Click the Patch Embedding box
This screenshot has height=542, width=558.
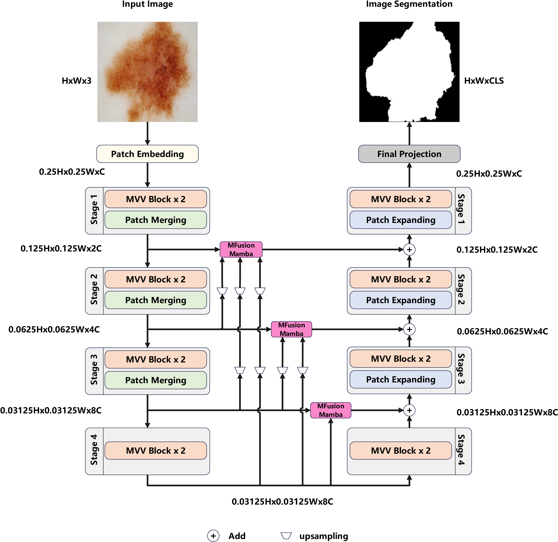tap(147, 154)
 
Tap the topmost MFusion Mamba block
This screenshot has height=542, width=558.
tap(241, 249)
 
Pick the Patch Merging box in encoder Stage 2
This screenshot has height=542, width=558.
tap(156, 300)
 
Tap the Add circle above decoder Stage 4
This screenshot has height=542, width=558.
tap(409, 410)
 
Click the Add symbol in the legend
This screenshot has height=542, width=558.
tap(213, 536)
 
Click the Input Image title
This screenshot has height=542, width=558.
tap(147, 4)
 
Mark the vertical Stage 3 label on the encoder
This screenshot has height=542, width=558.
tap(94, 370)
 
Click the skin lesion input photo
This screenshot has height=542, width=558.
tap(147, 72)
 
